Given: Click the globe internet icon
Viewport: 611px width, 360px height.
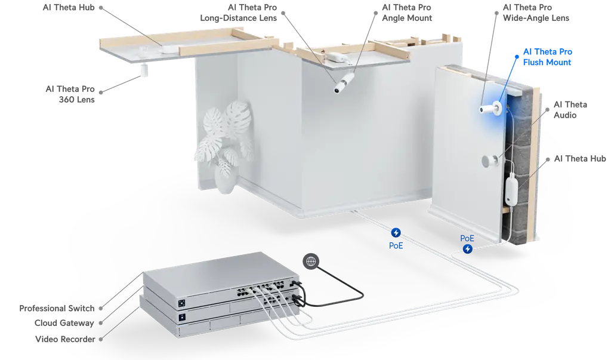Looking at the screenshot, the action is point(311,261).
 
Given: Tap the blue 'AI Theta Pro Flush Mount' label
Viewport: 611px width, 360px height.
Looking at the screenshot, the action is point(547,57).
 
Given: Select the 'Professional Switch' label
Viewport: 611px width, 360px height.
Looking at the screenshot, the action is point(57,308).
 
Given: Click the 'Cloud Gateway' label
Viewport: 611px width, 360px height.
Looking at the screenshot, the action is point(64,323).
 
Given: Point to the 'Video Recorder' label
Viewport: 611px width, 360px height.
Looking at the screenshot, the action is point(65,339).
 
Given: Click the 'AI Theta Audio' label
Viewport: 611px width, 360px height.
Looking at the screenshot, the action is point(570,110).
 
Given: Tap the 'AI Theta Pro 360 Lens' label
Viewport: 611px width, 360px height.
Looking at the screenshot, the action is point(70,94).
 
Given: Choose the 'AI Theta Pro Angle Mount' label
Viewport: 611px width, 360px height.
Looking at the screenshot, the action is point(407,13).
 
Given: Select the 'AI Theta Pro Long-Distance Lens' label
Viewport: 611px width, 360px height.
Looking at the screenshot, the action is point(239,13).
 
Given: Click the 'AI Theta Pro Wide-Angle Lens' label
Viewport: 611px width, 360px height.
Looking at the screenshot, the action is point(536,13).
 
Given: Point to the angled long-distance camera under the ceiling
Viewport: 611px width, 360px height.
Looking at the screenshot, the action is point(344,83).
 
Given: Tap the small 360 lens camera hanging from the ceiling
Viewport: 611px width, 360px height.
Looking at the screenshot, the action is point(144,70).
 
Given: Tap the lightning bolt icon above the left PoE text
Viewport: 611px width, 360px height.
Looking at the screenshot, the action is point(396,233).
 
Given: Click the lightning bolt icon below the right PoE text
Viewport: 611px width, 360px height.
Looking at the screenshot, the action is point(468,249).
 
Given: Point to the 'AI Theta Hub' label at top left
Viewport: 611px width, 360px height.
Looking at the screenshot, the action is point(69,7).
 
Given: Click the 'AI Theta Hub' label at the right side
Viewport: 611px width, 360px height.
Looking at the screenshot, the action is point(580,158).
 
